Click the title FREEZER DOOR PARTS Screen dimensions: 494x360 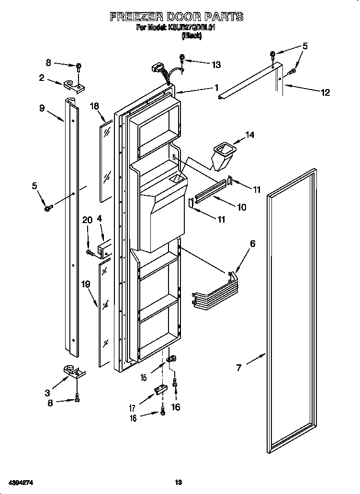(x=176, y=17)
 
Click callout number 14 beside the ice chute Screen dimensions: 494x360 (x=249, y=135)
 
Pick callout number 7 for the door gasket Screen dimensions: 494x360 (x=239, y=368)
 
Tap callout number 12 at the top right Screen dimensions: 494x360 (x=325, y=92)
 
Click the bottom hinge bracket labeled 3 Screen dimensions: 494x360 (x=73, y=371)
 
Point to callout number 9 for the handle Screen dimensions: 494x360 (x=42, y=108)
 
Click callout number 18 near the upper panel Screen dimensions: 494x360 (x=94, y=106)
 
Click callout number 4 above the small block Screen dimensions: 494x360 (x=99, y=219)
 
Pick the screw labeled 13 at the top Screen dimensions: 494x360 (x=182, y=59)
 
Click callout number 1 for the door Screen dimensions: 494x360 (x=216, y=88)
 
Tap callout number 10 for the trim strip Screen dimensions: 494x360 (x=241, y=207)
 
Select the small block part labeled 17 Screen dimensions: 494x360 (x=159, y=391)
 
